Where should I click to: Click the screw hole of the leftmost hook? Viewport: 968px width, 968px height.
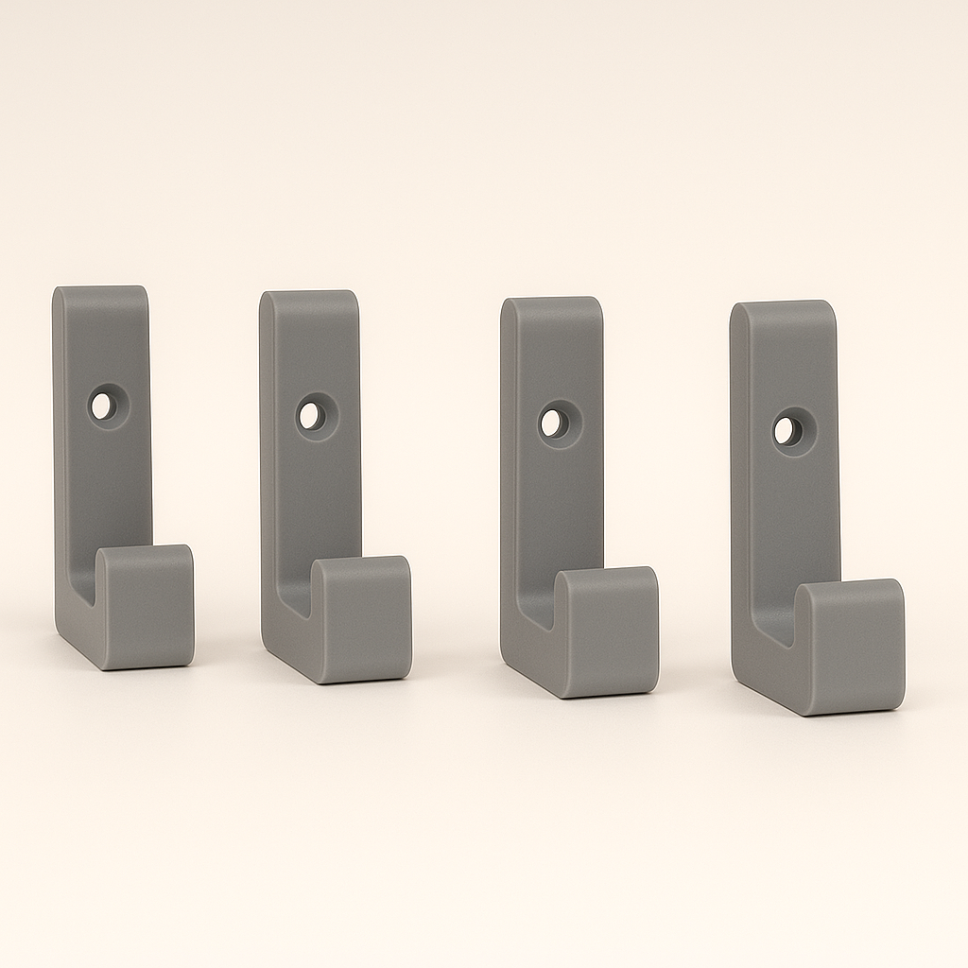(100, 406)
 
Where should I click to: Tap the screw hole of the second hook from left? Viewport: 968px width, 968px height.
(310, 416)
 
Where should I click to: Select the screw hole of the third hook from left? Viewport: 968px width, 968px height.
(553, 423)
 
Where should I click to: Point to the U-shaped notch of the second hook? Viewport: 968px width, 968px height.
(297, 592)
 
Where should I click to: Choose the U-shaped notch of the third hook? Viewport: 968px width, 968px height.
(537, 601)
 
